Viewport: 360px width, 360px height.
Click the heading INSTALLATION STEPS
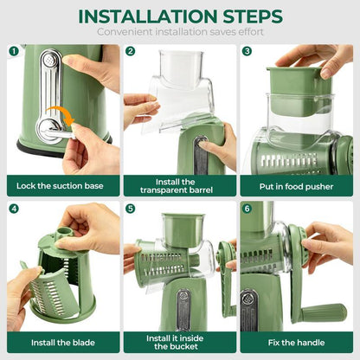coord(179,16)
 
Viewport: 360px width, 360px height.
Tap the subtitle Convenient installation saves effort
coord(179,32)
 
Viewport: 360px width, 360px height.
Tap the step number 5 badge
coord(131,209)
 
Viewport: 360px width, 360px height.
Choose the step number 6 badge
coord(247,209)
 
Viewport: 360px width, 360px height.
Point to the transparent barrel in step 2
coord(177,87)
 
